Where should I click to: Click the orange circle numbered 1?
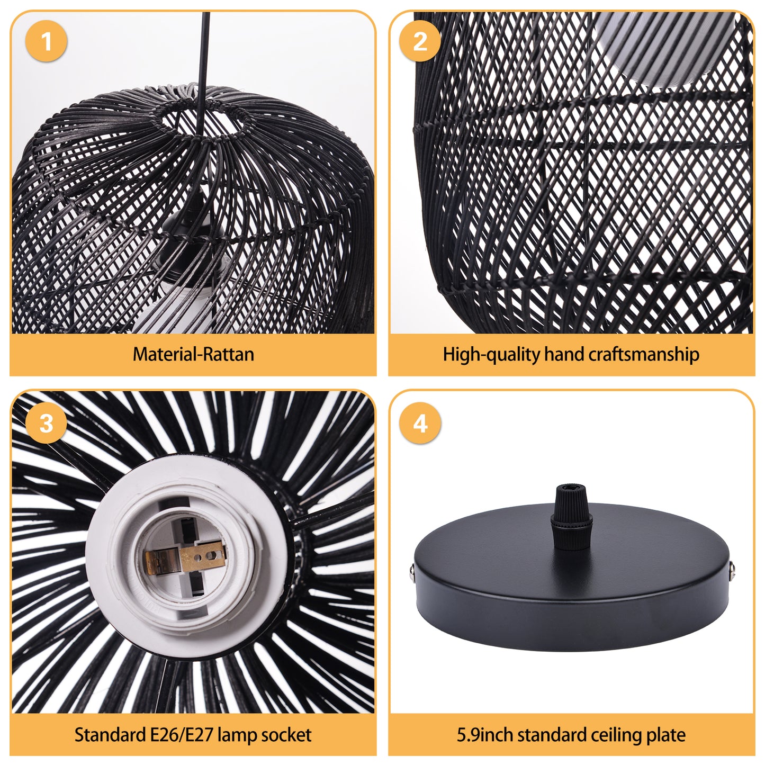pyautogui.click(x=46, y=41)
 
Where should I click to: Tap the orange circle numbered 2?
pyautogui.click(x=420, y=41)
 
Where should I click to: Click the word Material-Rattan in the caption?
pyautogui.click(x=193, y=354)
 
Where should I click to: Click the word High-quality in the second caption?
pyautogui.click(x=491, y=355)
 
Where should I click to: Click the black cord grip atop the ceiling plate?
pyautogui.click(x=571, y=517)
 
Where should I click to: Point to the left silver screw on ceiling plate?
pyautogui.click(x=412, y=572)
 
